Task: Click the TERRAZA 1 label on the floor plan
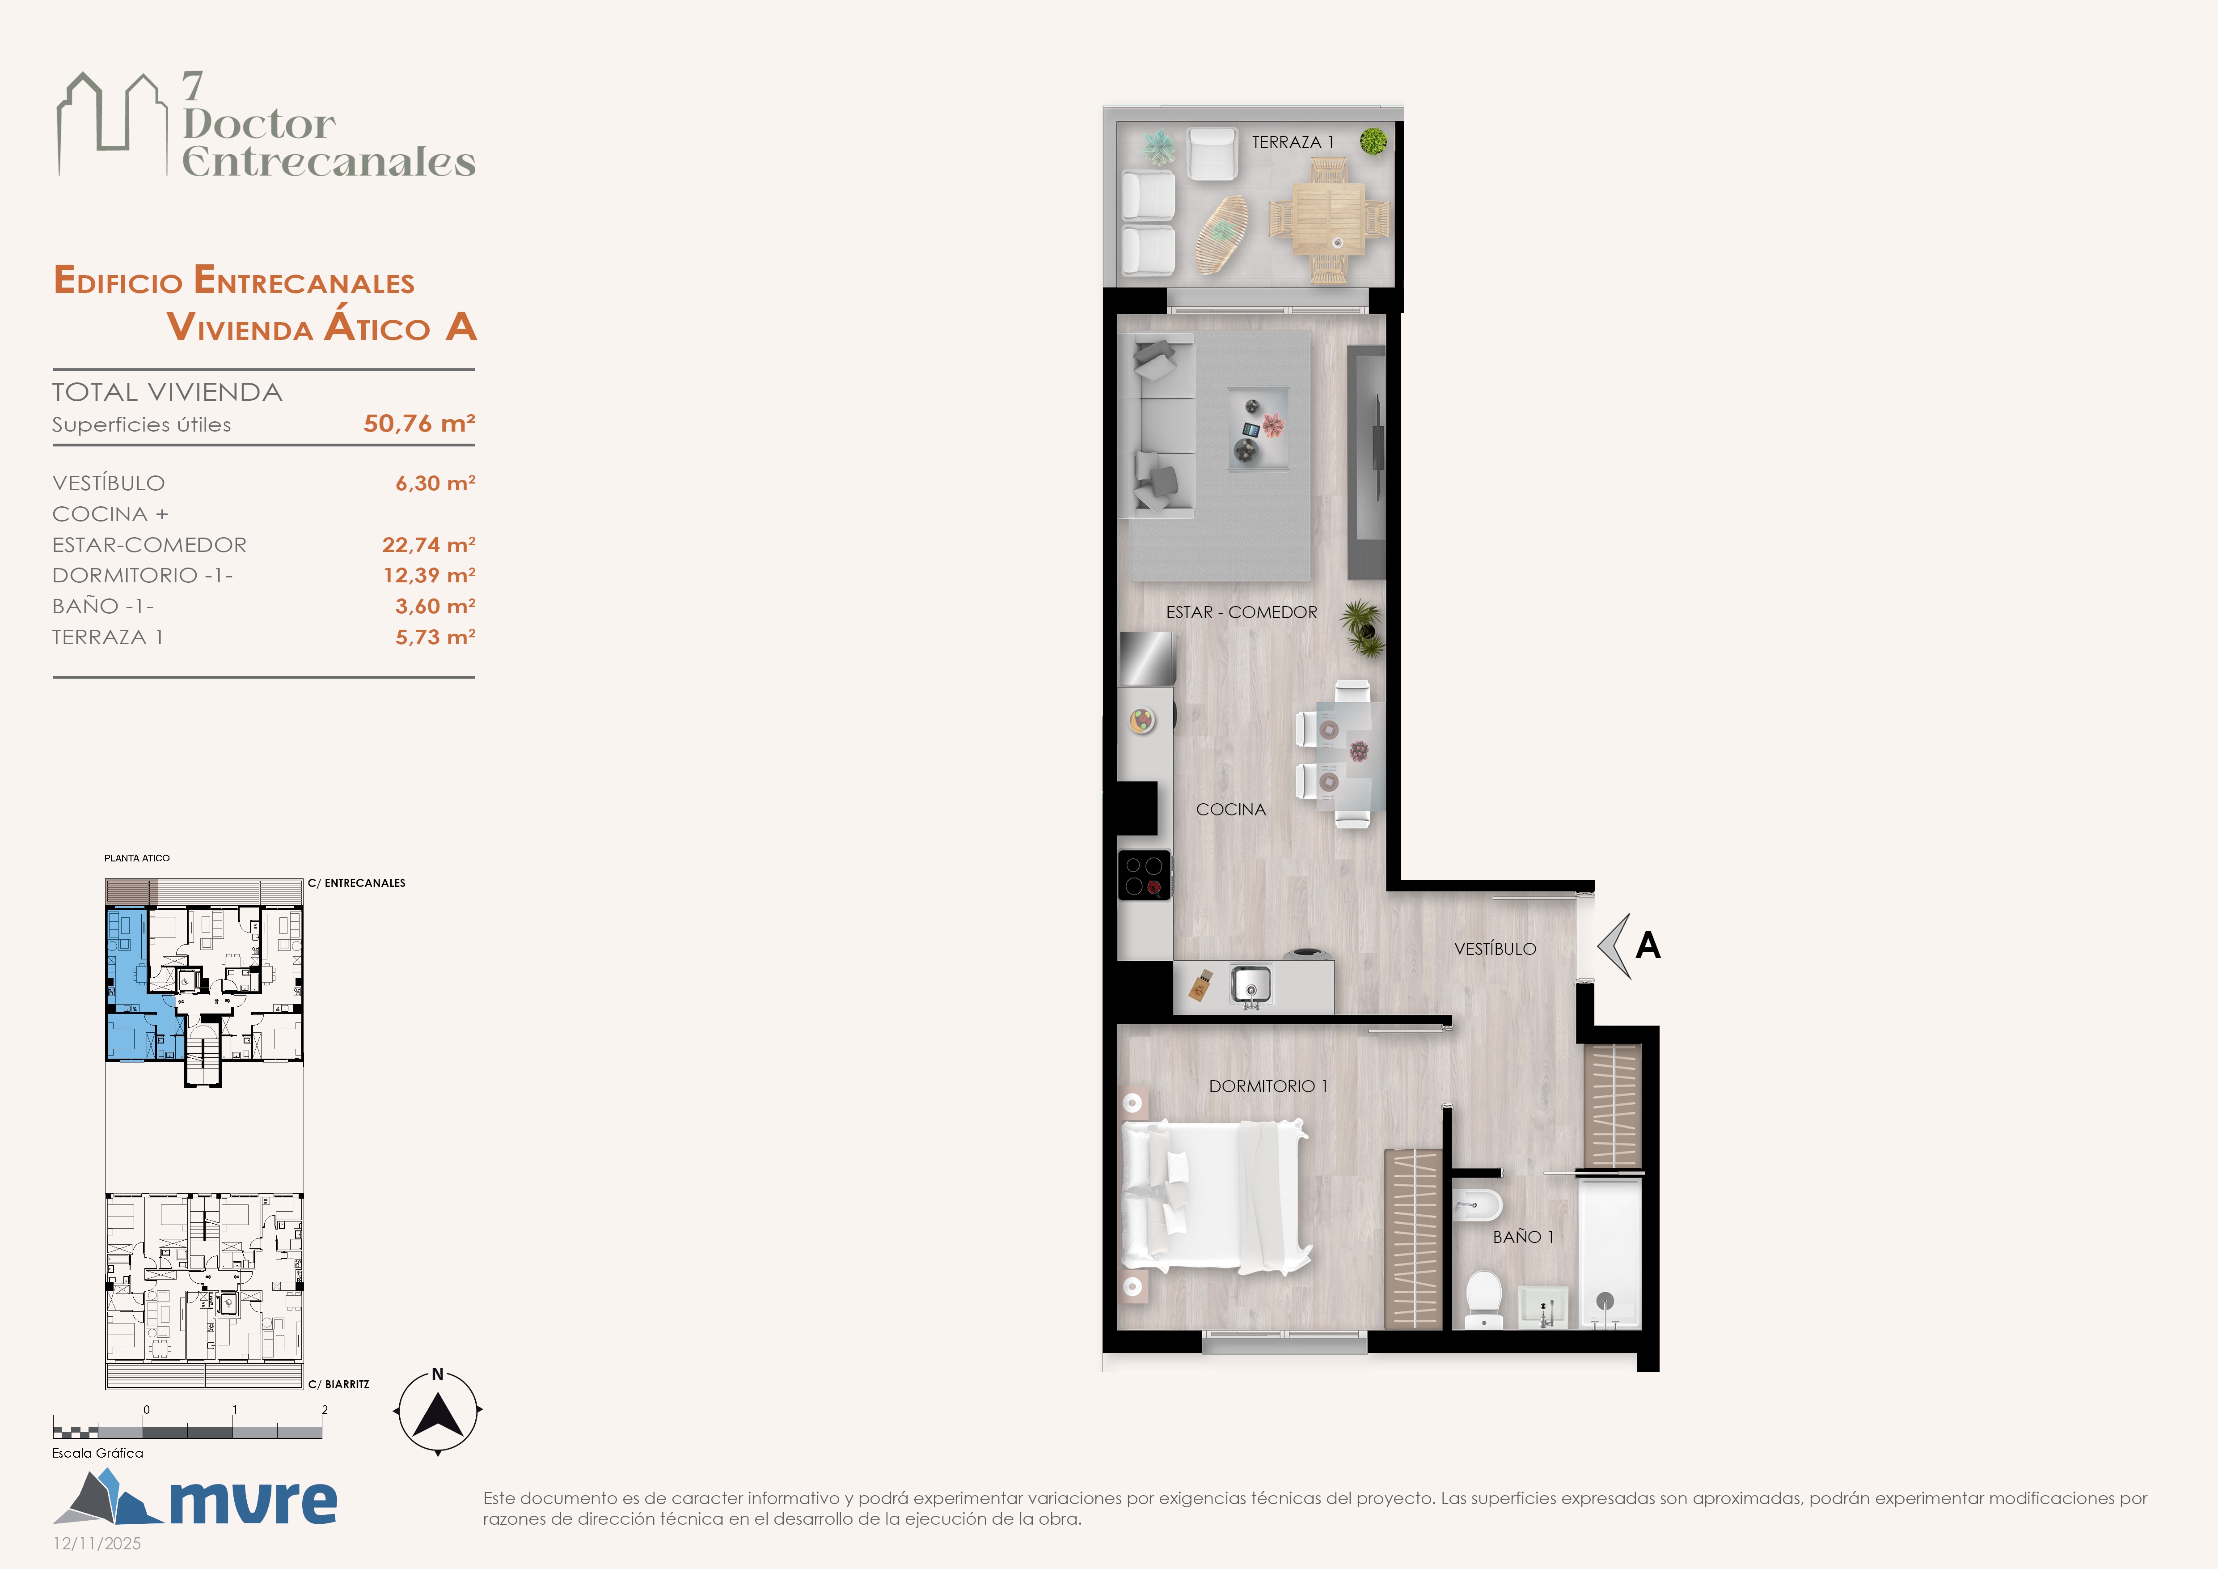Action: tap(1293, 142)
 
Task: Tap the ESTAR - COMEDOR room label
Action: tap(1242, 613)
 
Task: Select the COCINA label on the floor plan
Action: tap(1231, 810)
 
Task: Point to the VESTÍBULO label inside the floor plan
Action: tap(1496, 949)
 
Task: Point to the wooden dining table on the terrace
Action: tap(1329, 218)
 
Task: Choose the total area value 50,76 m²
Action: tap(419, 423)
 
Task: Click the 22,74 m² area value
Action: tap(429, 545)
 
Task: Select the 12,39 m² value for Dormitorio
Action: tap(429, 576)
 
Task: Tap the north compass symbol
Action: tap(438, 1412)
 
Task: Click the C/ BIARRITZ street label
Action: tap(339, 1384)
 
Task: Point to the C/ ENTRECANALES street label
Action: tap(356, 883)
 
